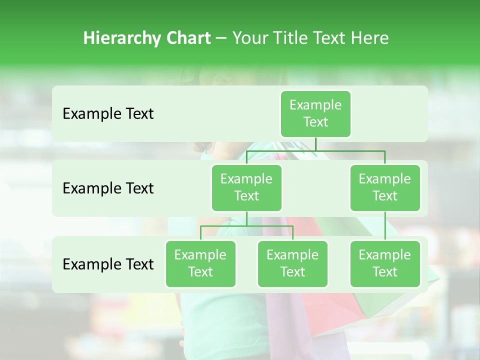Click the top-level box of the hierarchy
pos(315,113)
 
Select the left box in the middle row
pos(246,187)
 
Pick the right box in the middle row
pos(385,187)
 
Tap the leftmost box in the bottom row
pos(200,263)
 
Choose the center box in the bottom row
pos(292,263)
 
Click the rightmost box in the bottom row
pos(385,263)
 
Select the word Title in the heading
pos(289,38)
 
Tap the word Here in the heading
pos(370,38)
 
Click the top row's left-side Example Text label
pos(108,114)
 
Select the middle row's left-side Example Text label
pos(108,188)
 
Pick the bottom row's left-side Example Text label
pos(108,264)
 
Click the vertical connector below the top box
pos(315,144)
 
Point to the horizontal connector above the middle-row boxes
pos(315,150)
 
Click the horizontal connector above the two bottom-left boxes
pos(246,226)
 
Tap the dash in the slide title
pos(221,38)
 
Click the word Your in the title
pos(249,38)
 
